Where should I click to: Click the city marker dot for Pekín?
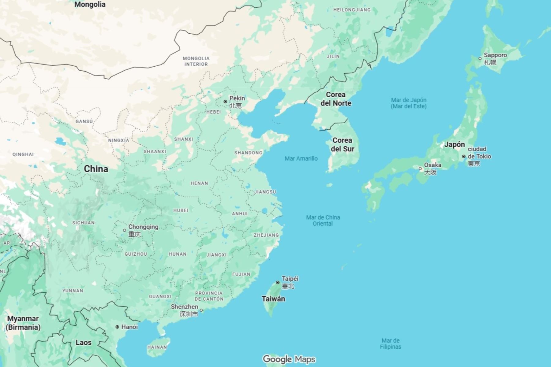225,102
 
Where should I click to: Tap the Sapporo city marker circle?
480,58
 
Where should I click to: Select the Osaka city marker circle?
420,169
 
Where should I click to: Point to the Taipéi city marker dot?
278,283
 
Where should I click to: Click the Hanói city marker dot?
117,327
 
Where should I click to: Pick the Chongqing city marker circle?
124,230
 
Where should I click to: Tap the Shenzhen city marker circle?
201,310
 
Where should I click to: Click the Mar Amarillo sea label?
301,158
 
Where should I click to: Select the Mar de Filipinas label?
390,343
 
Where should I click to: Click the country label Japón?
454,144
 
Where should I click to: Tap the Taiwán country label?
273,299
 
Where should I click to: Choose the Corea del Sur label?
342,145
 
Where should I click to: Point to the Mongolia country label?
90,4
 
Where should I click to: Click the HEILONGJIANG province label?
352,10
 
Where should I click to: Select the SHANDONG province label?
248,153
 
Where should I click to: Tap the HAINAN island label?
157,347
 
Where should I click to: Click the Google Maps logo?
289,359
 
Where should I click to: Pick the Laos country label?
83,342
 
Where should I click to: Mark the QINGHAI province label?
23,154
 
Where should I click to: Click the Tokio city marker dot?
463,156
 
